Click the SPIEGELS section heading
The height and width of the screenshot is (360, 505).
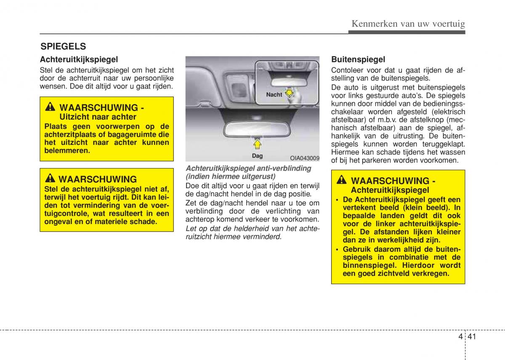63,46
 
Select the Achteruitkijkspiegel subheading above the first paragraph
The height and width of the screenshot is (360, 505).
79,59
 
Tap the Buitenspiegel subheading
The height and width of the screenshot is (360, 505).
358,59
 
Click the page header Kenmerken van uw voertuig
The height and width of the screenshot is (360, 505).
408,24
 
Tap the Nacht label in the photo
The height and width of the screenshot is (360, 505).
274,95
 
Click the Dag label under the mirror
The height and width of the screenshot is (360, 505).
257,156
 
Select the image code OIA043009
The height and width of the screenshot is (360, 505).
304,158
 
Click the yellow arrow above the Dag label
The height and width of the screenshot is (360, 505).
258,144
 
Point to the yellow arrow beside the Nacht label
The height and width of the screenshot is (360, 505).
290,93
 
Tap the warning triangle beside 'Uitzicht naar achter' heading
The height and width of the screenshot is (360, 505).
50,107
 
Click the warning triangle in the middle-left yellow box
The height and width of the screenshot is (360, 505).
50,179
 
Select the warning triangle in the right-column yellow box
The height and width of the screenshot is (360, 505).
342,181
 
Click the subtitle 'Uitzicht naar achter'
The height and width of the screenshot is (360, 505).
98,117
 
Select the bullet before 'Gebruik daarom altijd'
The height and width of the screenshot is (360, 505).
338,249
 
